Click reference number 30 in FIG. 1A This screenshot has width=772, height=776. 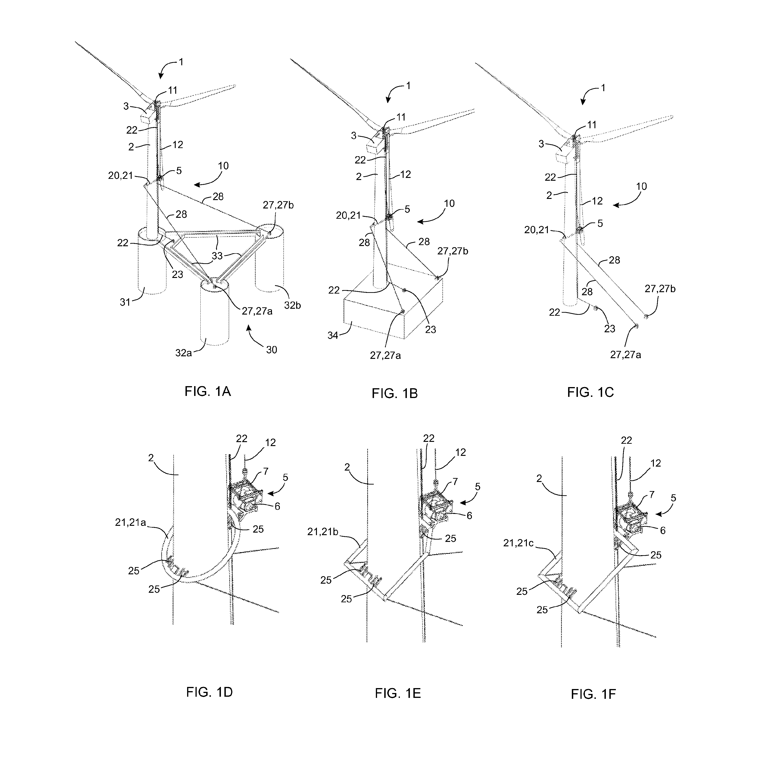point(271,350)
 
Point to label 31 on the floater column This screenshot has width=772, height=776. point(126,302)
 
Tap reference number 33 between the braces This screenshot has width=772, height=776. point(217,256)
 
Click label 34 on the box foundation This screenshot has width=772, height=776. point(333,335)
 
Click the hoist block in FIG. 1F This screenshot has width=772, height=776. point(629,519)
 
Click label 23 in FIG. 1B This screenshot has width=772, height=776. point(430,330)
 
